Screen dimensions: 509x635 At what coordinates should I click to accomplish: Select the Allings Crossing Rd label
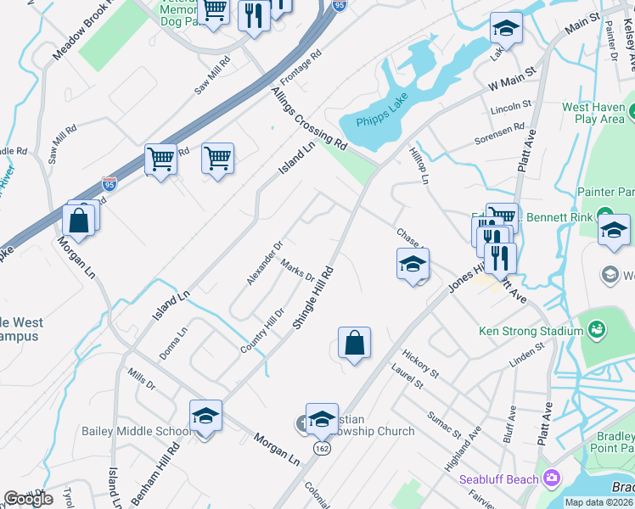(309, 115)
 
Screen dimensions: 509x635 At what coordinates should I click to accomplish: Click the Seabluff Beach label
(499, 479)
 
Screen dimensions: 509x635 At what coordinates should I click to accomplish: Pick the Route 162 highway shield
(321, 447)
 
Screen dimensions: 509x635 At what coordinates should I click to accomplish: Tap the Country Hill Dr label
(261, 331)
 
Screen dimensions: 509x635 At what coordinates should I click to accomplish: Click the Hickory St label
(420, 362)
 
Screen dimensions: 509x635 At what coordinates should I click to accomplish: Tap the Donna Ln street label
(172, 344)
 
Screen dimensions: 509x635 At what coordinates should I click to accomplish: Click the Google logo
(28, 498)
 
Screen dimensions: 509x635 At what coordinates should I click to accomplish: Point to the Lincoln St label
(512, 108)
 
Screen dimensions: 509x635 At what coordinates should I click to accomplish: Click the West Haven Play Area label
(593, 113)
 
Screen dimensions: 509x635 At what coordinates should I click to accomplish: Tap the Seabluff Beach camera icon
(553, 479)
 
